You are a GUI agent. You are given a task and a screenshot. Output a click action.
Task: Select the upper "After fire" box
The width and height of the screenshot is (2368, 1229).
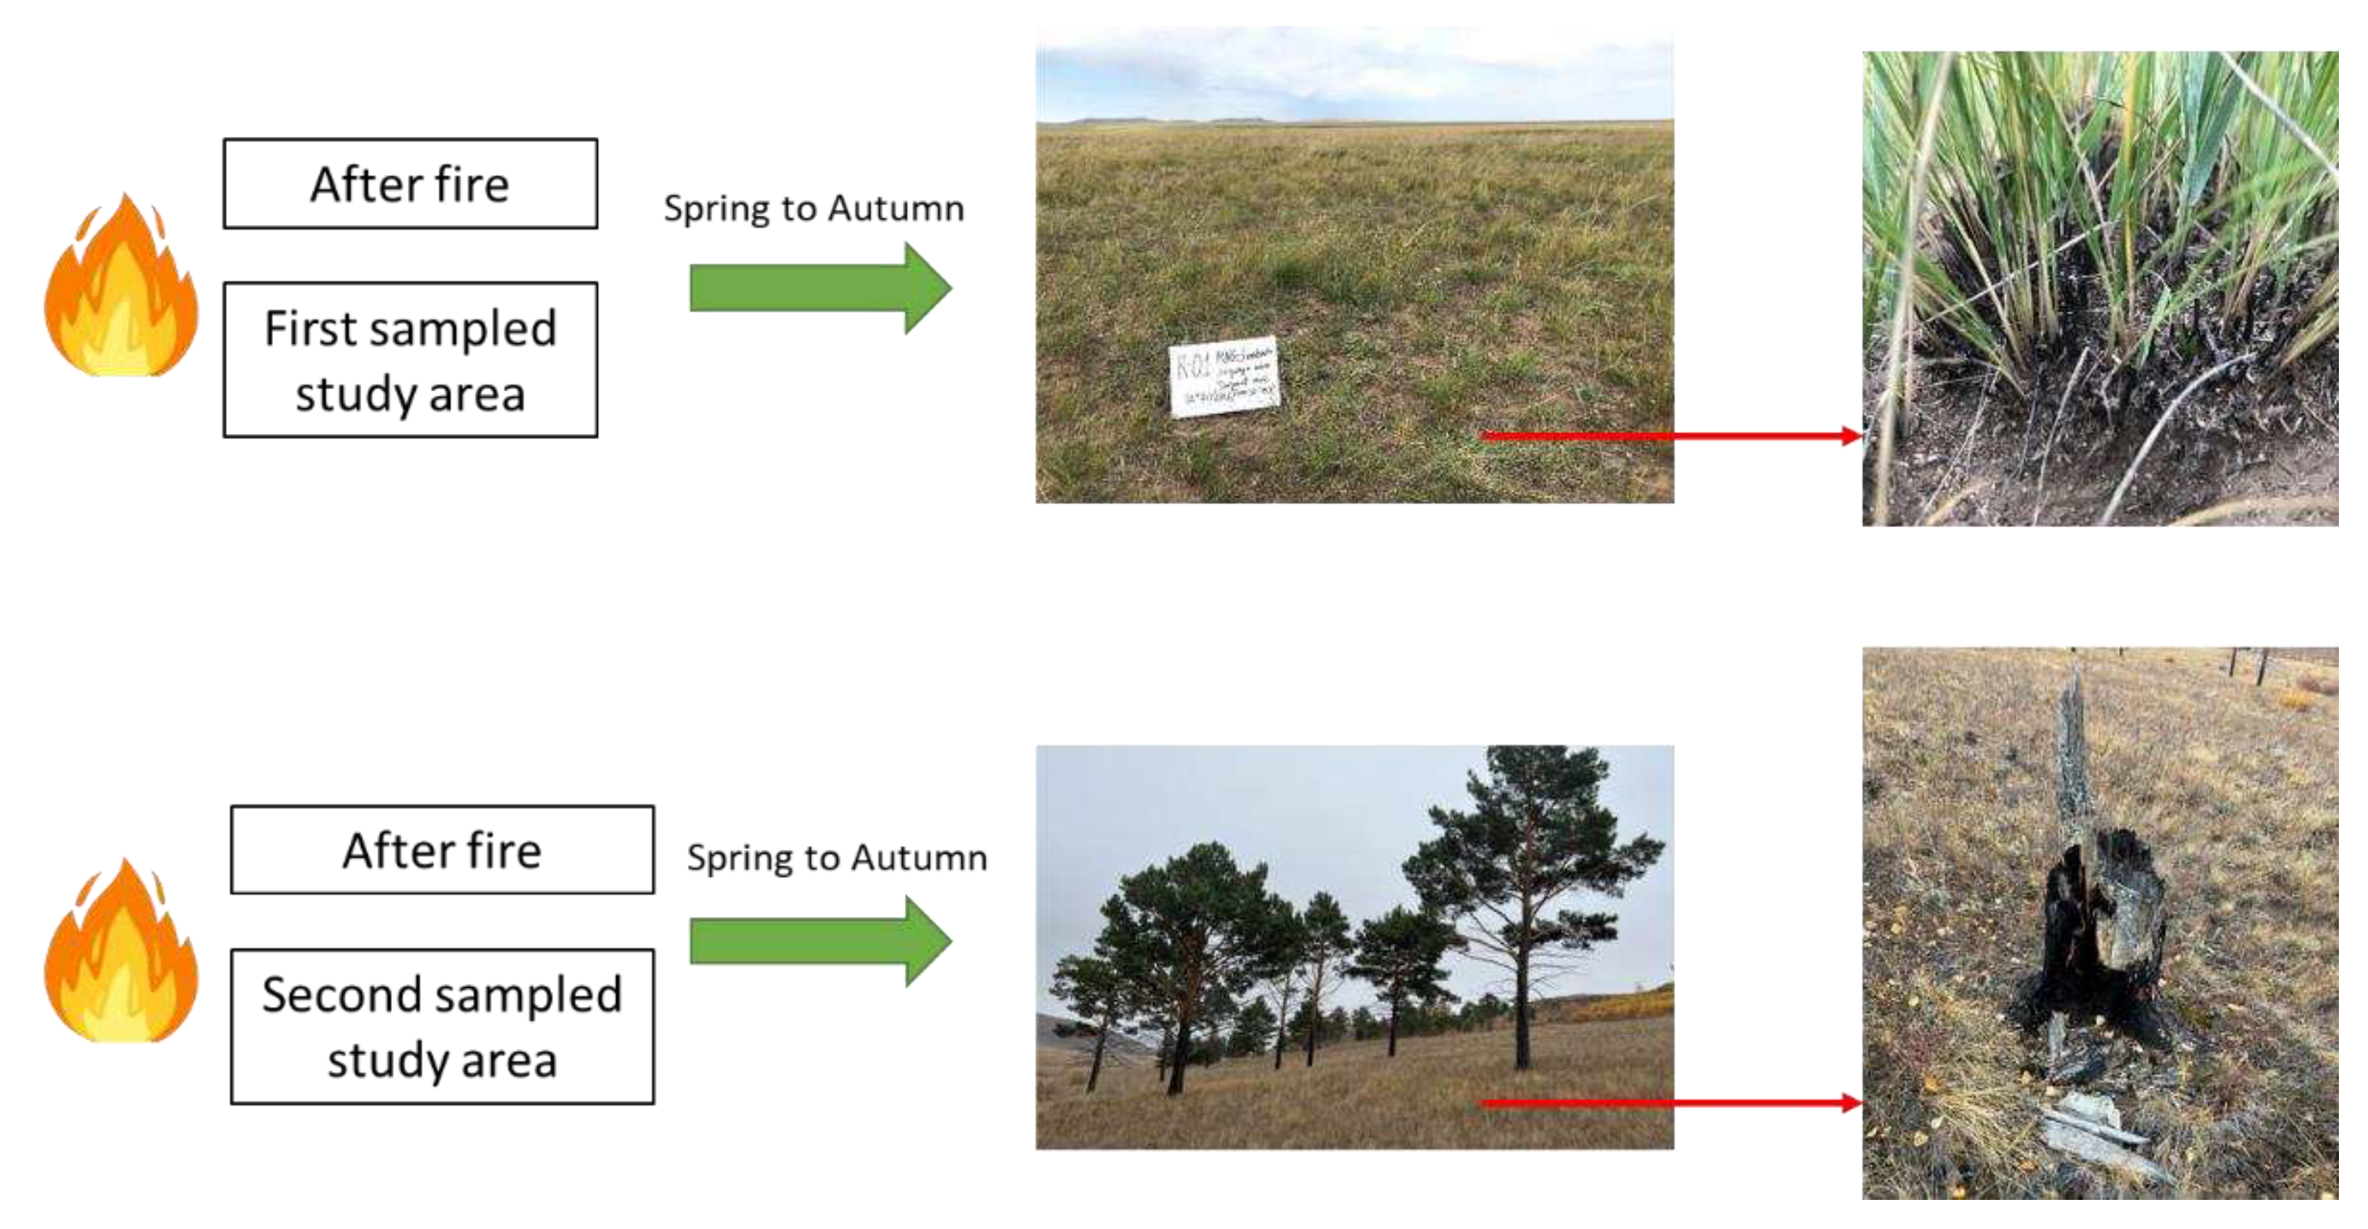410,184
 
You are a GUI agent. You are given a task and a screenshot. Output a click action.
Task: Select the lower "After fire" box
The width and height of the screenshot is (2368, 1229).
442,850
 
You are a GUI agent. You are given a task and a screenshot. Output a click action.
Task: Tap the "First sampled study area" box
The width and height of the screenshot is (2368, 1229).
410,360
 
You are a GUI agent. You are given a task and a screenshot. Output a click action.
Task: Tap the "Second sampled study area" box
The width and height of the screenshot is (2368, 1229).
442,1027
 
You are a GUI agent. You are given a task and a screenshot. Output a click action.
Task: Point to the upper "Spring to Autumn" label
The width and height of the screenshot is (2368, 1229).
813,208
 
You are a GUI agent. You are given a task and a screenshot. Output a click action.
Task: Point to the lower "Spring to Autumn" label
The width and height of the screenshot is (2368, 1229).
837,857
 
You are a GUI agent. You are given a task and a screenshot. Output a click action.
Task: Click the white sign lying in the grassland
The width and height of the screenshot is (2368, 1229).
1223,376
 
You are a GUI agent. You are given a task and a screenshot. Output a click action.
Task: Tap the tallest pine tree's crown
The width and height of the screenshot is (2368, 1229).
1535,828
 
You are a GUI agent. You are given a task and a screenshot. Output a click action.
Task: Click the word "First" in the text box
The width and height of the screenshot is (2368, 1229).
308,328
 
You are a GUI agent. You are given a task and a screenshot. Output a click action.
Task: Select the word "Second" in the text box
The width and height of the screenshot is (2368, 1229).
328,994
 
